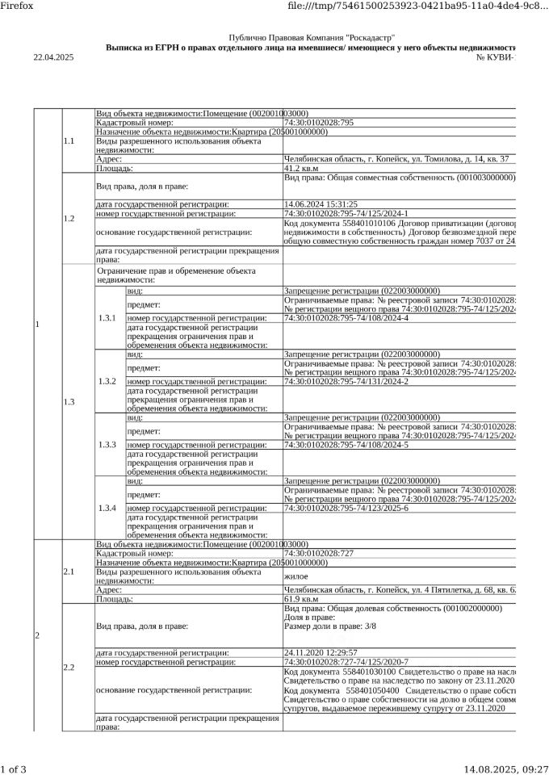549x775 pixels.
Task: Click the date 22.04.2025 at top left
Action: (52, 57)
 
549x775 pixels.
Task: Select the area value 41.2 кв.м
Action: (301, 168)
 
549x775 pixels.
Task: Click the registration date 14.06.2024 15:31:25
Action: (321, 204)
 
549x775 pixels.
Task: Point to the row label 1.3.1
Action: (107, 318)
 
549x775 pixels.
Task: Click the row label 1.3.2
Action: (107, 381)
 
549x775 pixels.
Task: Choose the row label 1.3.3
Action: (107, 445)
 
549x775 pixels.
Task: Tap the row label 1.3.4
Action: (107, 508)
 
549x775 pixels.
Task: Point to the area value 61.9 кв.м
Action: (301, 599)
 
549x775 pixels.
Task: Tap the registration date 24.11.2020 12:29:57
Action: (321, 652)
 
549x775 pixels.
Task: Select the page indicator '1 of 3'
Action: (14, 769)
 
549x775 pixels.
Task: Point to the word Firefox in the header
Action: (17, 6)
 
